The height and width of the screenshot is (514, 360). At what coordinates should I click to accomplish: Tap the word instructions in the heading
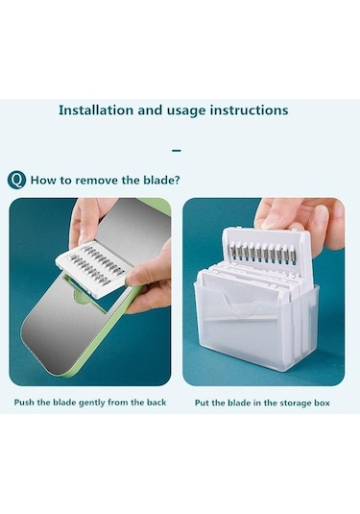point(250,110)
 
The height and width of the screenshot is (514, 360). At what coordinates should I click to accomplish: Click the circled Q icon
point(16,180)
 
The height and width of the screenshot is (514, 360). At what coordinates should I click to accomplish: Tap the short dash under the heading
point(177,151)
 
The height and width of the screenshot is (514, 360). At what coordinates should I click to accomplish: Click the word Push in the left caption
point(24,403)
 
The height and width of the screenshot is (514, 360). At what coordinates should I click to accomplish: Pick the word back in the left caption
point(156,403)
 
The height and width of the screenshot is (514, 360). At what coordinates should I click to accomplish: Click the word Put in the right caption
point(202,403)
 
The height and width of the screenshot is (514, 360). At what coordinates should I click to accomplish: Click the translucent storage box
point(255,328)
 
